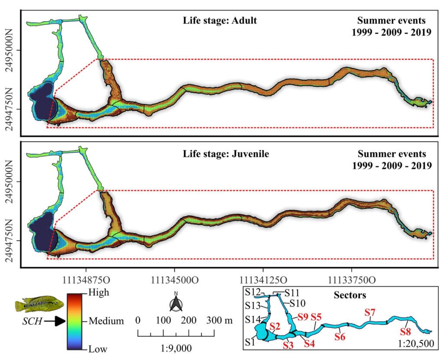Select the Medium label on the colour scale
pyautogui.click(x=106, y=321)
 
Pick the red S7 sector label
pyautogui.click(x=370, y=312)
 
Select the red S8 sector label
pyautogui.click(x=406, y=334)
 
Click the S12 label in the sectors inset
pyautogui.click(x=252, y=291)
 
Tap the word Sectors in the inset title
pyautogui.click(x=350, y=295)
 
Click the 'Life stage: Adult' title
pyautogui.click(x=220, y=20)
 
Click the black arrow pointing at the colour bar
pyautogui.click(x=54, y=321)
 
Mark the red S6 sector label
pyautogui.click(x=340, y=336)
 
